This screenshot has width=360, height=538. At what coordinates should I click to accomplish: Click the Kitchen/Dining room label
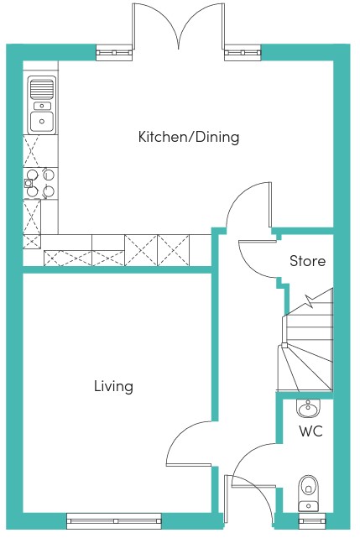[189, 137]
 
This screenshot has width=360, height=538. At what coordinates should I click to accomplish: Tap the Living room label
[113, 386]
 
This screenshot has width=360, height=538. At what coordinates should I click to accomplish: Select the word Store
[307, 261]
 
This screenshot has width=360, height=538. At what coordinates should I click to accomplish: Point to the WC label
[311, 431]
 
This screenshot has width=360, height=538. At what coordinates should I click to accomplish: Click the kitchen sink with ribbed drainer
[41, 105]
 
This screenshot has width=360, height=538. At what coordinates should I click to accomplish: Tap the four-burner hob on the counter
[39, 183]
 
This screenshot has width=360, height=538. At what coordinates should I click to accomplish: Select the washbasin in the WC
[309, 408]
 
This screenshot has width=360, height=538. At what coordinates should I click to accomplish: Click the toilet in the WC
[308, 493]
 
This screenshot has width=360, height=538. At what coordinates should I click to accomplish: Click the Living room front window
[113, 521]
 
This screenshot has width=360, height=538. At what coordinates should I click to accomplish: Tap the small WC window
[312, 521]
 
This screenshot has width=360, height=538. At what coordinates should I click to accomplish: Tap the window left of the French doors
[114, 53]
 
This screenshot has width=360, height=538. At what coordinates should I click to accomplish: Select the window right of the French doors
[243, 53]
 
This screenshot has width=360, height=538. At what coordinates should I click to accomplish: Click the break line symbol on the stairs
[310, 301]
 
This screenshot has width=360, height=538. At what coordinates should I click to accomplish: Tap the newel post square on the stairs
[284, 345]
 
